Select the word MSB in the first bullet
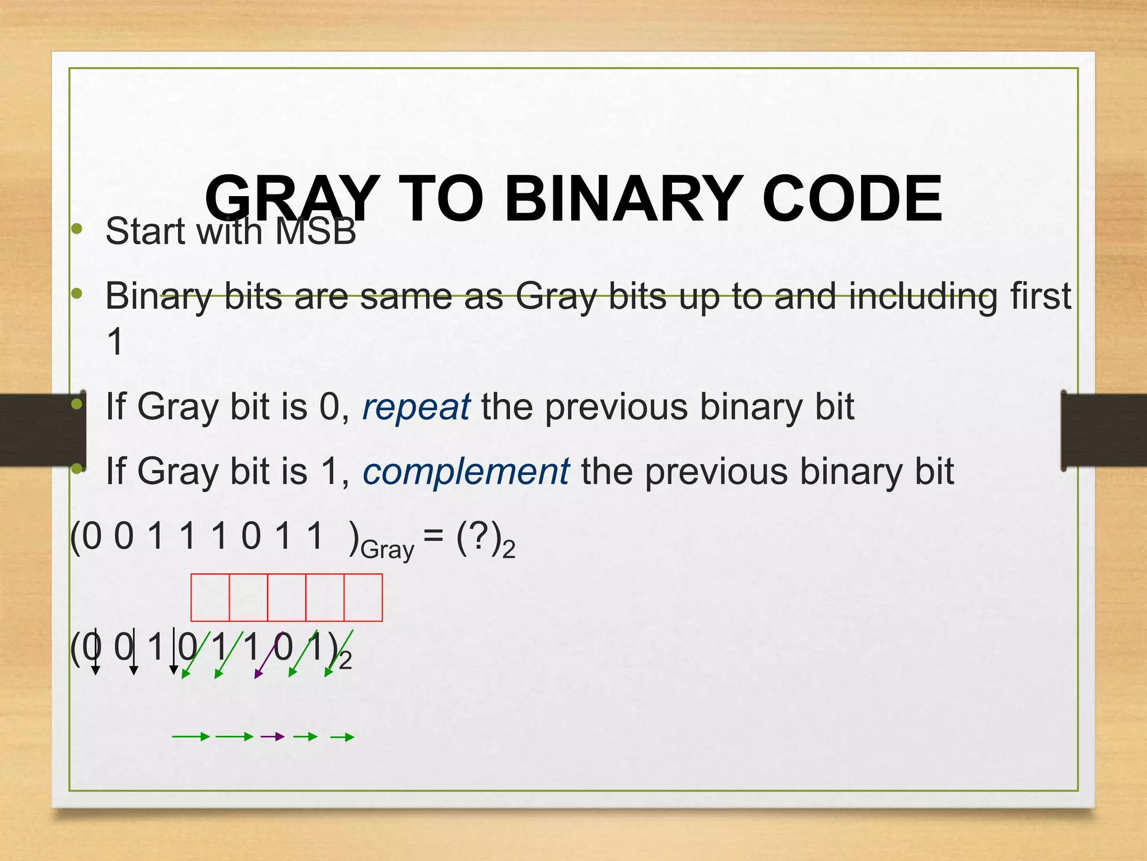(x=316, y=231)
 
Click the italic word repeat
(x=416, y=407)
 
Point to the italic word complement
(x=466, y=471)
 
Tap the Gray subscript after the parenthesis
(x=387, y=550)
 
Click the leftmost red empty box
(x=210, y=598)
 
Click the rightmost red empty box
(x=363, y=598)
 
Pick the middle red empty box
(x=287, y=598)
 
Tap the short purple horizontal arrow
(x=273, y=737)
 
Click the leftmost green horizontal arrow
(x=190, y=737)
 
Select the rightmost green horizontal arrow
(x=342, y=737)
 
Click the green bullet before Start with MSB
(x=77, y=229)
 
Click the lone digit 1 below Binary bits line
(x=115, y=341)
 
